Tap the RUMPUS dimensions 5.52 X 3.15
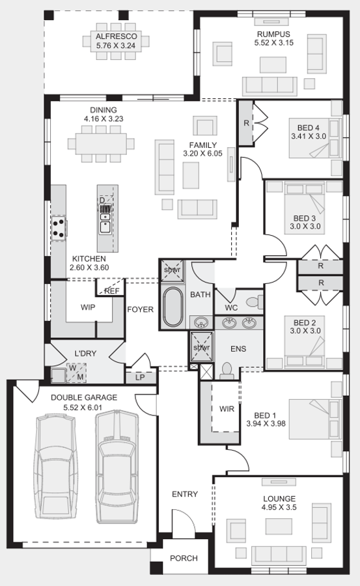273,42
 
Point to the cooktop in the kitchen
59,229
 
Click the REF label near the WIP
112,291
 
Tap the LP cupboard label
140,378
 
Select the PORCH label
184,559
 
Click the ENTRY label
185,494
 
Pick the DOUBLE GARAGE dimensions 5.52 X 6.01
82,408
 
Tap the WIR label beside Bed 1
227,409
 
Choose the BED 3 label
305,218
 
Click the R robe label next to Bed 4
246,122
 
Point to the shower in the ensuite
202,347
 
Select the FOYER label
140,309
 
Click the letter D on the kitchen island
102,201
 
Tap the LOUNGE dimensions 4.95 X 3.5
279,507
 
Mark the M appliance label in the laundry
80,377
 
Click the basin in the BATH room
201,322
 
